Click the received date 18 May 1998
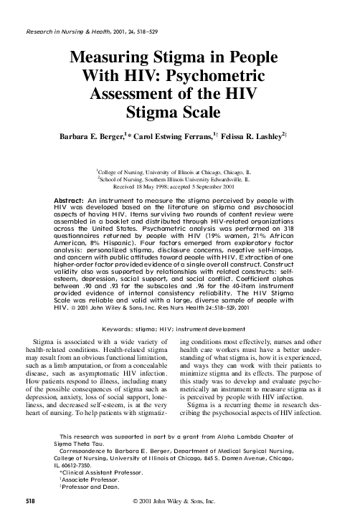pyautogui.click(x=162, y=188)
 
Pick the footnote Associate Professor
pyautogui.click(x=94, y=481)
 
